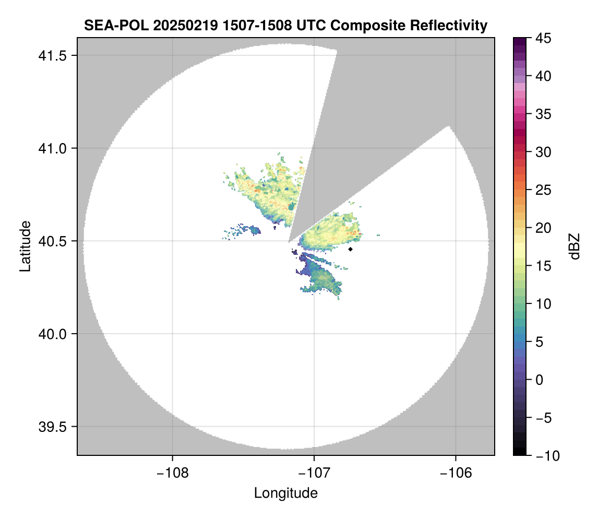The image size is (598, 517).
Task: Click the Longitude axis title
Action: pyautogui.click(x=285, y=493)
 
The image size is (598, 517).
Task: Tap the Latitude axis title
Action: pyautogui.click(x=25, y=246)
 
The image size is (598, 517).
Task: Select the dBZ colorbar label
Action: pyautogui.click(x=575, y=246)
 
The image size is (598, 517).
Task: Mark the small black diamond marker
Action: pyautogui.click(x=351, y=249)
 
